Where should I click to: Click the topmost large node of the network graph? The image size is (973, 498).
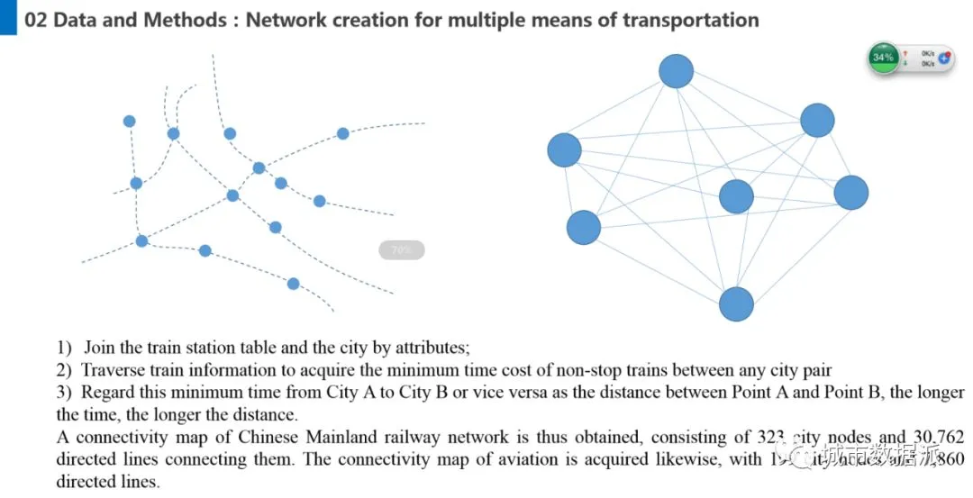(676, 71)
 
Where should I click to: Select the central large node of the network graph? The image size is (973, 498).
(736, 196)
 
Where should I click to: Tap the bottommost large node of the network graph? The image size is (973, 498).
(736, 304)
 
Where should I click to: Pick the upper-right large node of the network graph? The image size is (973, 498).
(817, 121)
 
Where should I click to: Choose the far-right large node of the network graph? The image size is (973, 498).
(850, 193)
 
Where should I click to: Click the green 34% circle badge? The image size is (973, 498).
(883, 58)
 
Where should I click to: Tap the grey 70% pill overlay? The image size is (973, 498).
(401, 250)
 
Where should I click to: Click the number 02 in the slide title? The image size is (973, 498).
(36, 20)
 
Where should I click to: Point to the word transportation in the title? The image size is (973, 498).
(694, 20)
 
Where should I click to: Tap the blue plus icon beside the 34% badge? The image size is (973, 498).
(943, 58)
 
